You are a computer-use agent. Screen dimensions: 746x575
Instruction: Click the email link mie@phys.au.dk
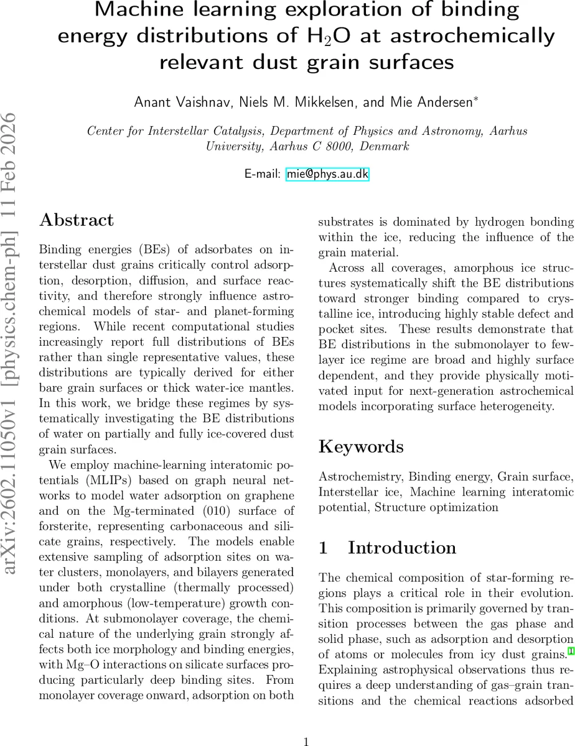tap(327, 175)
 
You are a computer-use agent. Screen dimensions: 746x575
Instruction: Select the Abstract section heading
tap(77, 220)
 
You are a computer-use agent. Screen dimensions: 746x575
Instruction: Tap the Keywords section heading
tap(361, 446)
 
